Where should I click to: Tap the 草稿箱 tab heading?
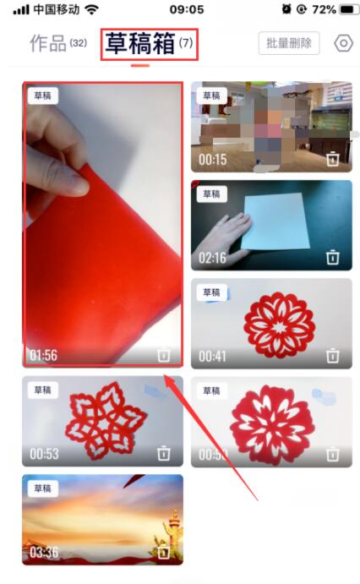pos(139,44)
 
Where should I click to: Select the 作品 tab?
pos(49,44)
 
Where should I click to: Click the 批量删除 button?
pos(289,43)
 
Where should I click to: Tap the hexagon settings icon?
pos(343,44)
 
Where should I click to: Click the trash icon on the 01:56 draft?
pos(164,356)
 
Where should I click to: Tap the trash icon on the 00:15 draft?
pos(333,158)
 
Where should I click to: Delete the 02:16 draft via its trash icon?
pos(333,257)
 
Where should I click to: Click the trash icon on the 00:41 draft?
pos(333,356)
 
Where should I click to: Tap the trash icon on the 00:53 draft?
pos(164,454)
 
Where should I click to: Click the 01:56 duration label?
pos(44,356)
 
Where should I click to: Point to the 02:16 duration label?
pos(213,258)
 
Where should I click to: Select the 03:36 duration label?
pos(44,553)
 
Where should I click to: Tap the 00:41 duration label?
pos(213,356)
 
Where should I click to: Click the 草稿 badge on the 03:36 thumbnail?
pos(42,488)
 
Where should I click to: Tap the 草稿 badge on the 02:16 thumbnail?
pos(211,194)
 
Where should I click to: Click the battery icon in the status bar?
pos(347,9)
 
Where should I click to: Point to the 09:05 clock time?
pos(186,9)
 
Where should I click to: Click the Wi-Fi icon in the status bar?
pos(91,9)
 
